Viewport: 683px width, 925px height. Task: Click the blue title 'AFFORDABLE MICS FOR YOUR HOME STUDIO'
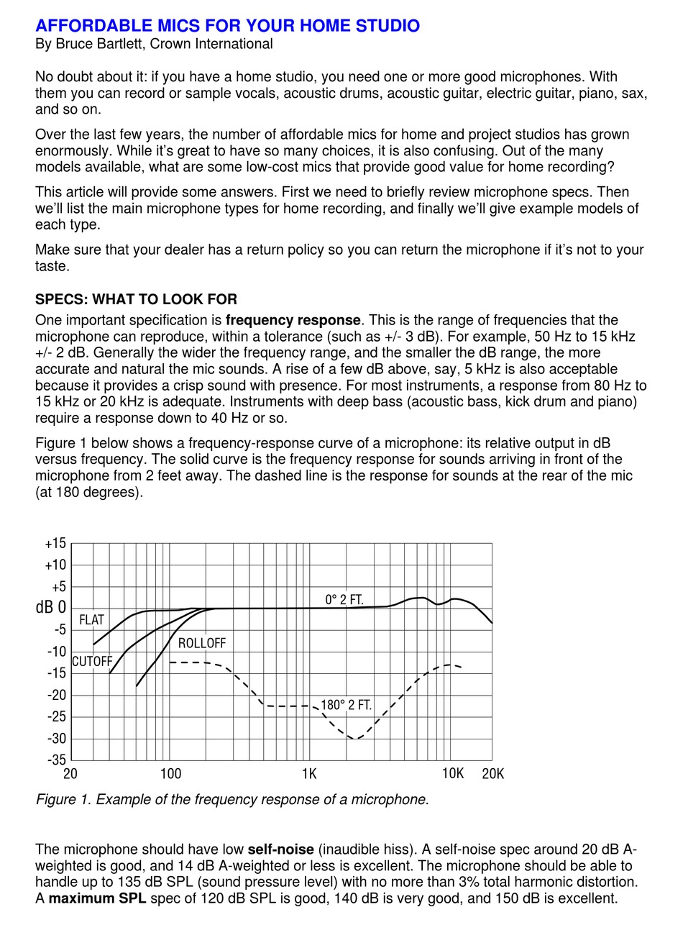click(x=227, y=27)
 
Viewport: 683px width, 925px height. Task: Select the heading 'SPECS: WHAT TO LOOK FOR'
click(x=136, y=299)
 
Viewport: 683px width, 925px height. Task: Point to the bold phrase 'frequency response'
click(x=293, y=320)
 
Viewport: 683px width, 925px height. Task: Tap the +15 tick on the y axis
click(x=55, y=544)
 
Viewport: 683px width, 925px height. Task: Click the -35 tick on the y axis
click(x=55, y=760)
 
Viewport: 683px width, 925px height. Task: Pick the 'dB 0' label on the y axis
click(x=50, y=609)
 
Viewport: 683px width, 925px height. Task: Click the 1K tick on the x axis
click(x=308, y=774)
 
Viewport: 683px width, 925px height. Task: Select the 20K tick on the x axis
click(x=492, y=774)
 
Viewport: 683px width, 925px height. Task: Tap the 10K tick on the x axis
click(x=452, y=774)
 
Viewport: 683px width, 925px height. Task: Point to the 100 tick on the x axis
click(x=170, y=774)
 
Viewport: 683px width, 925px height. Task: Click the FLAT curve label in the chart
click(x=91, y=620)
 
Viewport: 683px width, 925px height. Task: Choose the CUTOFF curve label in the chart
click(x=92, y=662)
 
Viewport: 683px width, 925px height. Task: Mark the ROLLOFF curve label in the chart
click(x=202, y=643)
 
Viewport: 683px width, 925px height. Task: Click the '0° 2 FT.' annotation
click(x=344, y=599)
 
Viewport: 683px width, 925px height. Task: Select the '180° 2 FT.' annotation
click(x=346, y=705)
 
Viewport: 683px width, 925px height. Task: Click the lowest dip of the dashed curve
click(x=356, y=739)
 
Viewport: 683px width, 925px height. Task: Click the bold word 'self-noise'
click(x=281, y=850)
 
